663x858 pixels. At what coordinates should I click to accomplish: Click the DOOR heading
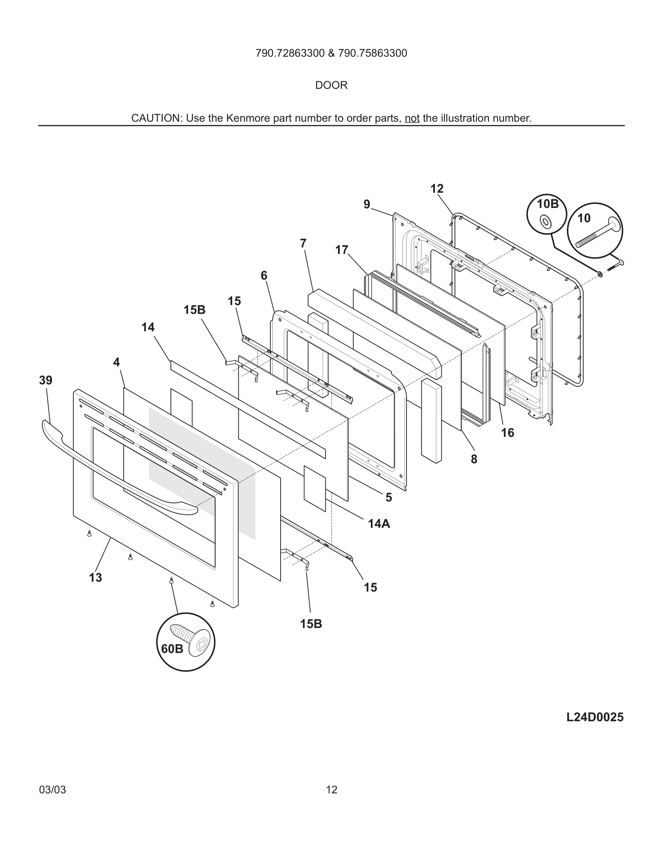point(331,85)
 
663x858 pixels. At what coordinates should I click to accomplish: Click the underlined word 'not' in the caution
point(412,118)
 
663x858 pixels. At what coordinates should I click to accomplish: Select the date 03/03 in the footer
point(52,790)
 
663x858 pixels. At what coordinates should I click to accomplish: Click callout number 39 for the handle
point(45,380)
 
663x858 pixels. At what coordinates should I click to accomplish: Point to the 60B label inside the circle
point(172,649)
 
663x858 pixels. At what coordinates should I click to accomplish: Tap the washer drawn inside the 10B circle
point(546,222)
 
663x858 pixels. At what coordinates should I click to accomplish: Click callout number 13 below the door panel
point(95,577)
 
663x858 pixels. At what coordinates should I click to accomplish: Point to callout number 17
point(342,250)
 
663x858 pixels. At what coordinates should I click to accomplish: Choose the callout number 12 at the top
point(437,189)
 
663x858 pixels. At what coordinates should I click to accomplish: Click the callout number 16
point(507,433)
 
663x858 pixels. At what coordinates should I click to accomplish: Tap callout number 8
point(474,459)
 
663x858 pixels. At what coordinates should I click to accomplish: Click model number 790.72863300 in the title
point(290,53)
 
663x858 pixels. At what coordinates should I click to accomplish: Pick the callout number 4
point(116,362)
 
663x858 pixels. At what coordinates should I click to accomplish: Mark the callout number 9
point(367,204)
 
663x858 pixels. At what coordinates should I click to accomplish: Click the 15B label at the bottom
point(311,624)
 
